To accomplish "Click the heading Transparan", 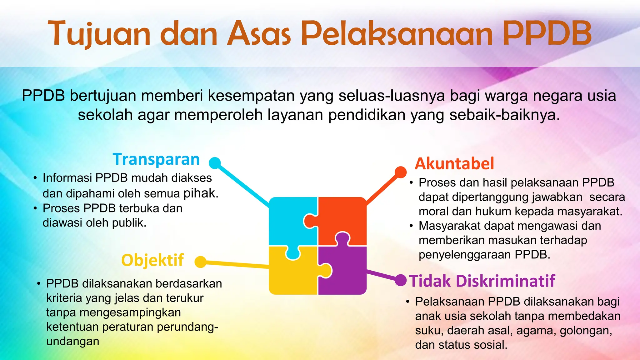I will click(156, 159).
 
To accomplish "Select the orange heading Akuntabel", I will click(454, 164).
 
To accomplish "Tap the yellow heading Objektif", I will click(152, 260).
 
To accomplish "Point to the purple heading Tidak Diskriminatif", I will click(482, 281).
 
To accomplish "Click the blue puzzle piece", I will click(289, 219).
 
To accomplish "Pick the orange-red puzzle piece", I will click(344, 216).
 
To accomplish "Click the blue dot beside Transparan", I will click(215, 163).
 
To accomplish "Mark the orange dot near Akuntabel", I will click(400, 172).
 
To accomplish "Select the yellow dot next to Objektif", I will click(201, 262).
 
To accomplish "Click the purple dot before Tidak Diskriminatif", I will click(400, 280).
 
